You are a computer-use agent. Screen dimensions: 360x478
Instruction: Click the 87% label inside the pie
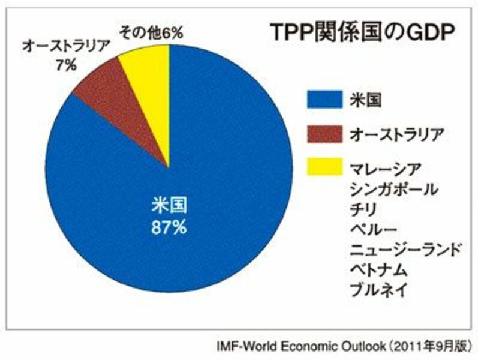click(169, 227)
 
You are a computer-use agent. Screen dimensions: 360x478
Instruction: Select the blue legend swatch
click(324, 99)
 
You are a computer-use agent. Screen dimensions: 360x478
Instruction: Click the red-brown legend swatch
click(324, 134)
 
